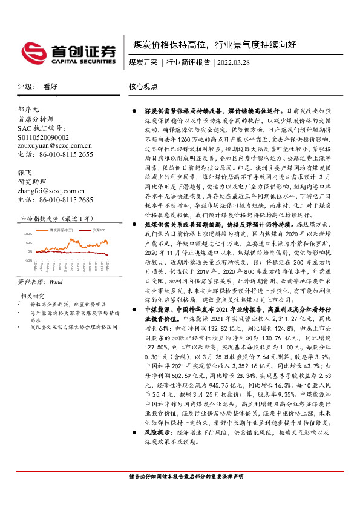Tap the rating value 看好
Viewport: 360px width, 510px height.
50,87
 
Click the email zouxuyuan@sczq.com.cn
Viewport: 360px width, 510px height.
55,146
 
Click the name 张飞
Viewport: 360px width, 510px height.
24,172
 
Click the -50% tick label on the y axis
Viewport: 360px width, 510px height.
28,259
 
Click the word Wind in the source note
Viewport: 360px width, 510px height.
55,282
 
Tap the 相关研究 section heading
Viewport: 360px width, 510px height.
29,296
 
